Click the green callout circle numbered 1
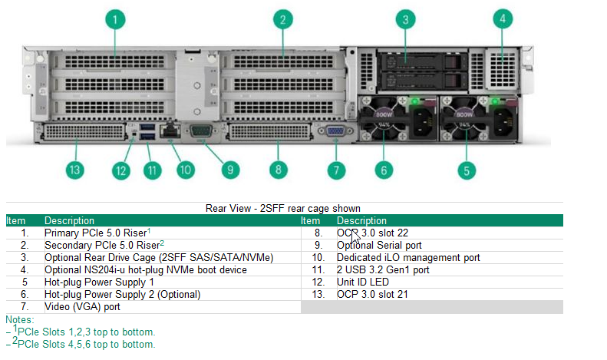[115, 19]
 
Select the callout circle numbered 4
[503, 19]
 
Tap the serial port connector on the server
[202, 131]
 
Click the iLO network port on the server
[173, 131]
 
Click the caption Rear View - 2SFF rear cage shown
[283, 208]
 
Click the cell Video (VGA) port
[82, 307]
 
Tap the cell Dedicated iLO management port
[408, 257]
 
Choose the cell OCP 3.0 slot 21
[372, 294]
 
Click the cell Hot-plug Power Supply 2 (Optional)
[122, 294]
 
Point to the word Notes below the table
[19, 319]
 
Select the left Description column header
[69, 220]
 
